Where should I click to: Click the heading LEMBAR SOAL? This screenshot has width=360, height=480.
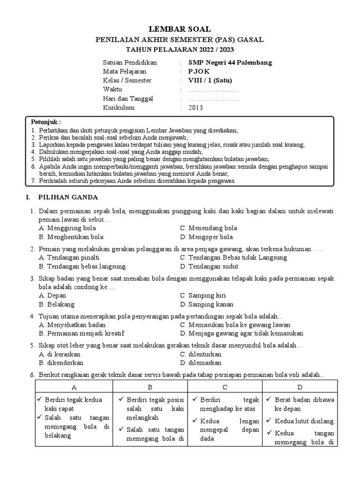[x=180, y=29]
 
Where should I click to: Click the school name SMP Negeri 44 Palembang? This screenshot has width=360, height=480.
[x=230, y=62]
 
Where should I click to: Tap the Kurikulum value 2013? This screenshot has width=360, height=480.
[x=196, y=107]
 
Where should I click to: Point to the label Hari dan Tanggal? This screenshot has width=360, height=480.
[x=128, y=98]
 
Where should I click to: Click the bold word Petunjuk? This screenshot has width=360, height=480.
[x=45, y=121]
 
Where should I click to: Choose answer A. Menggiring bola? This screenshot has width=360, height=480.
[x=67, y=228]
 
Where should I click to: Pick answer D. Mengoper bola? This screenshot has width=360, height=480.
[x=206, y=237]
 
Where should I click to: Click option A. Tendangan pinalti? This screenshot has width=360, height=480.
[x=69, y=257]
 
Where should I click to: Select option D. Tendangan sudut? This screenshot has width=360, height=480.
[x=209, y=266]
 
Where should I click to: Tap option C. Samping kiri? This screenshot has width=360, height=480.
[x=203, y=295]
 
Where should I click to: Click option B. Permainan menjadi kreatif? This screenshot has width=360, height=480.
[x=82, y=333]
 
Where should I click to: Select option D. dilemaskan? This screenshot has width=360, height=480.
[x=201, y=362]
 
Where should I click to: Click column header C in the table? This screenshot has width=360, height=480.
[x=225, y=387]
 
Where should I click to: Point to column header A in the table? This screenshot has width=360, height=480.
[x=74, y=387]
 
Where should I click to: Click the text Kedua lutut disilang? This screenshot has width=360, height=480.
[x=304, y=420]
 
